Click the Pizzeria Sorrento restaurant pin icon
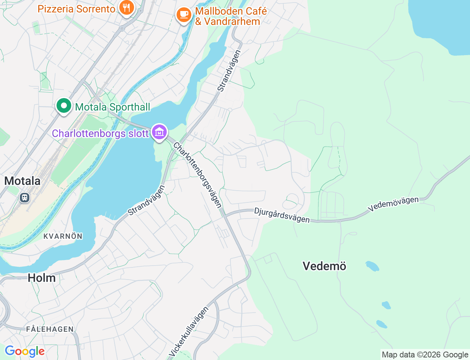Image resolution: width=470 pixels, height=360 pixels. click(x=126, y=8)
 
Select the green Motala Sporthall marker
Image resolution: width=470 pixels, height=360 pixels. click(x=64, y=106)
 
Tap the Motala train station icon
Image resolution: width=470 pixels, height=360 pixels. click(x=25, y=198)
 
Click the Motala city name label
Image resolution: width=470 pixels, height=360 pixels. click(x=22, y=181)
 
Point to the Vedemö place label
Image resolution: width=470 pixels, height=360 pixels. click(x=324, y=266)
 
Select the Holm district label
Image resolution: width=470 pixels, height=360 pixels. click(x=42, y=278)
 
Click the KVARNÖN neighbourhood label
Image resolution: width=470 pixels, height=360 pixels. click(x=63, y=236)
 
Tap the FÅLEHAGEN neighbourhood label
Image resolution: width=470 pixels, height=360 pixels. click(x=50, y=329)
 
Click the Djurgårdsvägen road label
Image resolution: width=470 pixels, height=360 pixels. click(x=282, y=215)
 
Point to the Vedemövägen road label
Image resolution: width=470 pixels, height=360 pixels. click(x=393, y=204)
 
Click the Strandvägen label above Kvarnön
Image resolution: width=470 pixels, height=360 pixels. click(x=147, y=201)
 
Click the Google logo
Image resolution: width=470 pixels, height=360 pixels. click(x=25, y=352)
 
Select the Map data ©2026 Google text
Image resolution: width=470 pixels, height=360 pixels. click(x=425, y=355)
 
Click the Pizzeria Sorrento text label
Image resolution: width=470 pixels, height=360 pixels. click(x=76, y=9)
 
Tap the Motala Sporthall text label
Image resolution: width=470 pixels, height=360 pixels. click(x=113, y=107)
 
